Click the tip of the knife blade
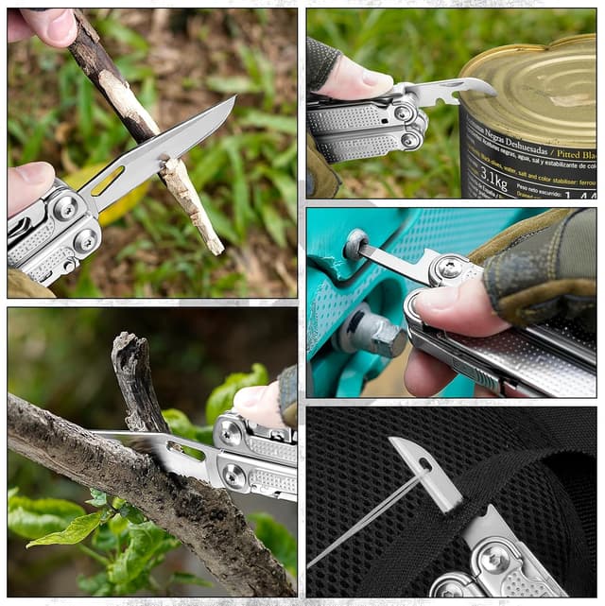click(232, 99)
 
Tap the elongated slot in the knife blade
click(108, 180)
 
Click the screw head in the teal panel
click(355, 245)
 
